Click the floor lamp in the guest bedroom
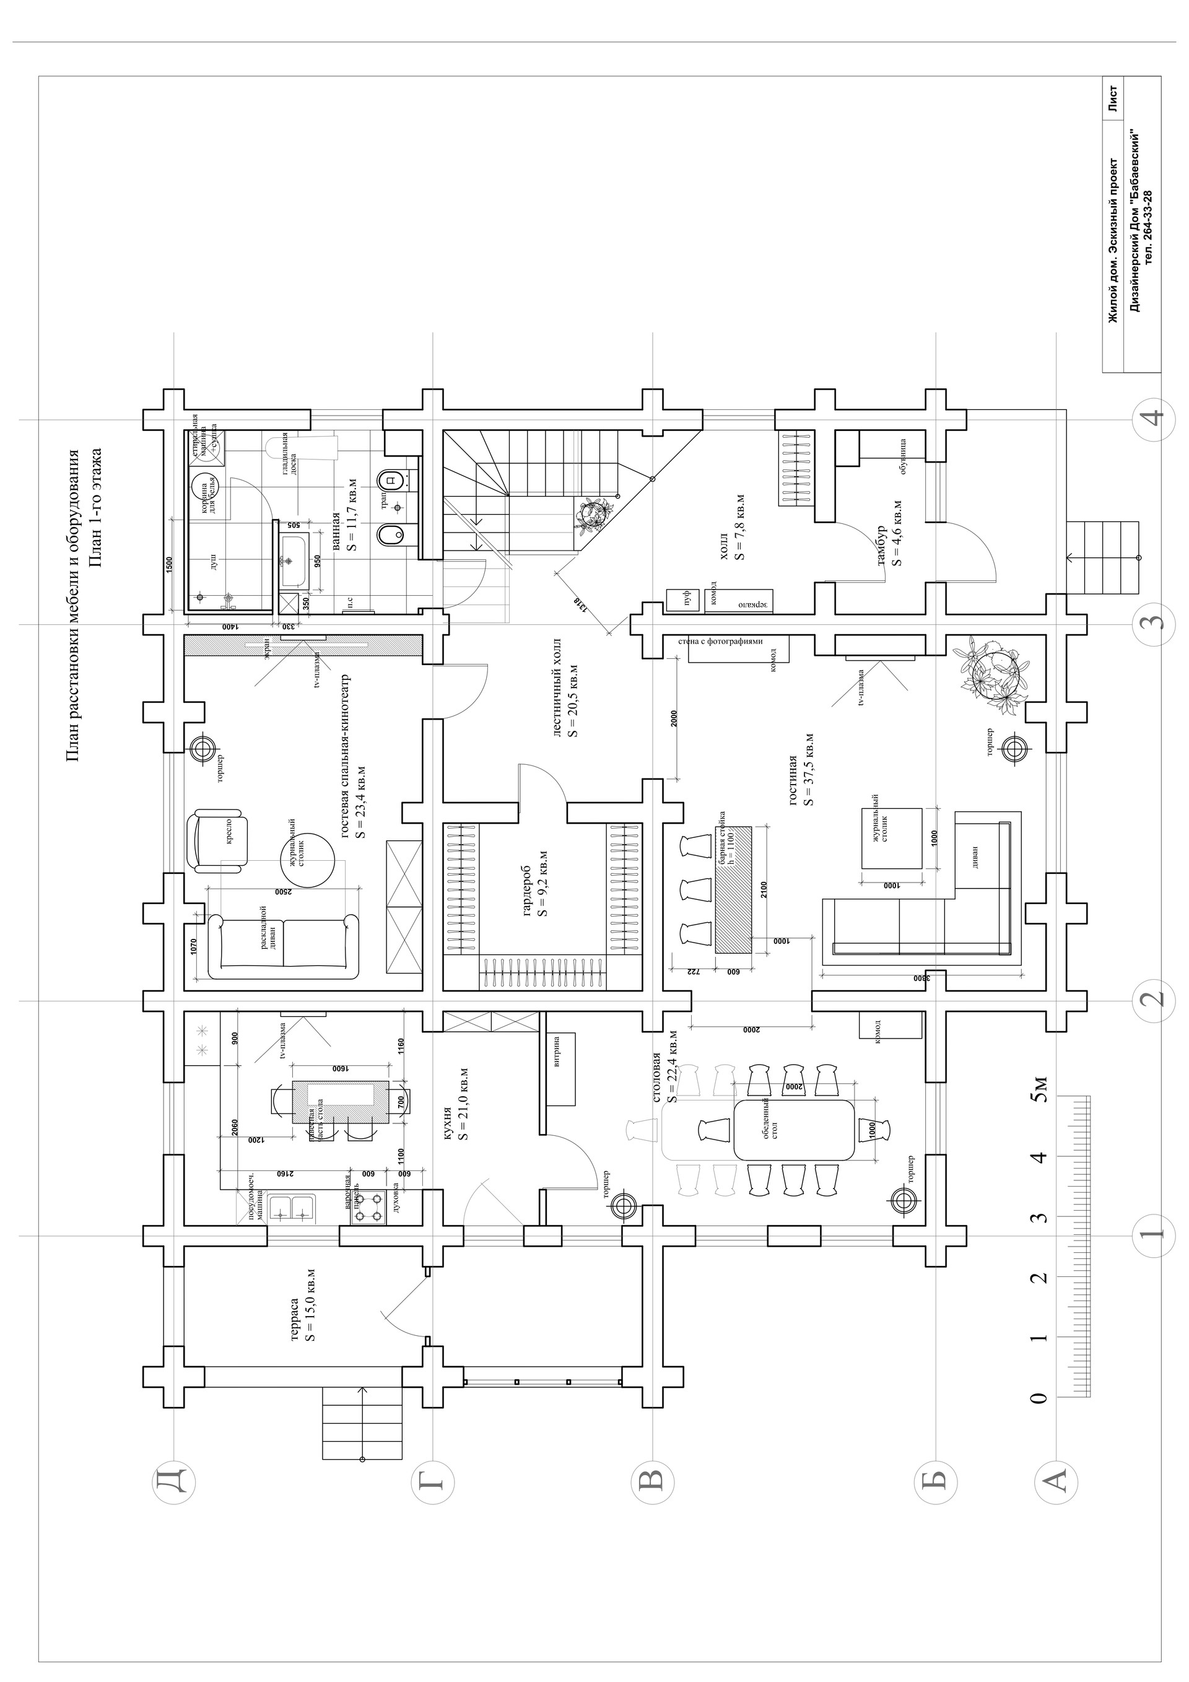point(203,749)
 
